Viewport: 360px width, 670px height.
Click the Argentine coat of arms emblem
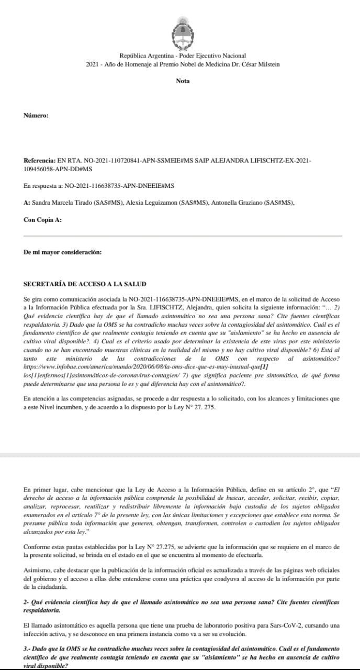[183, 32]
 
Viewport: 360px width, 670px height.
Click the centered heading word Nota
[183, 81]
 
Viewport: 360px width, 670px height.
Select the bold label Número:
[36, 115]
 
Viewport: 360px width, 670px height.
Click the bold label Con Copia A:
[42, 220]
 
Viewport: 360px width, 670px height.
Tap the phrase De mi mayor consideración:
[63, 252]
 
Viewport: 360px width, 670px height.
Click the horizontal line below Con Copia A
[183, 236]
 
